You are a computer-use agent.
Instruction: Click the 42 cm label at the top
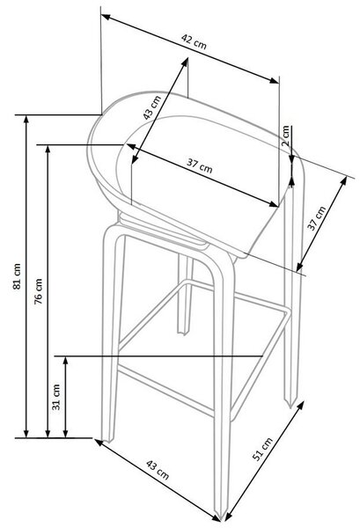point(194,41)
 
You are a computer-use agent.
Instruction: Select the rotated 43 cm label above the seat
point(152,107)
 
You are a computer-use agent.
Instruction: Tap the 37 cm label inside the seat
point(199,165)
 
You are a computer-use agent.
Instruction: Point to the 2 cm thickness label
point(285,136)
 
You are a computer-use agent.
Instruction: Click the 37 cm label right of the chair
point(317,218)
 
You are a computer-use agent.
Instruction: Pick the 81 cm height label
point(17,276)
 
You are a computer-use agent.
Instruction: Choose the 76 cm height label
point(39,291)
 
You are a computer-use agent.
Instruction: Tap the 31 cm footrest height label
point(56,397)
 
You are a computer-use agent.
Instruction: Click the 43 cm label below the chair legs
point(158,470)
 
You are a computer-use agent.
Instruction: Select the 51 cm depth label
point(262,449)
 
